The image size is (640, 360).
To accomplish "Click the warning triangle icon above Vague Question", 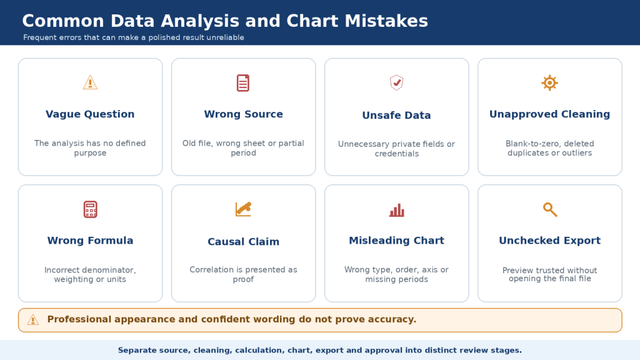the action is pyautogui.click(x=90, y=82).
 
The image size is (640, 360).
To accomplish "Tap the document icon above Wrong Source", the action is pyautogui.click(x=243, y=83).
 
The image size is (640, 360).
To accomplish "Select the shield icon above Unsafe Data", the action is pyautogui.click(x=396, y=83).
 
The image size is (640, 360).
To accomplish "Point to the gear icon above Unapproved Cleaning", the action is pyautogui.click(x=550, y=83).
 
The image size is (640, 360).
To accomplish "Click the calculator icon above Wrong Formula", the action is pyautogui.click(x=90, y=209).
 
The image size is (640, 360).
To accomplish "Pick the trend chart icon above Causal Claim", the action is pyautogui.click(x=243, y=209).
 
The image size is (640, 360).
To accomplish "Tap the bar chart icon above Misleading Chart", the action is pyautogui.click(x=396, y=210).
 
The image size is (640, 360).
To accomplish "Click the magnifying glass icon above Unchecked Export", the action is pyautogui.click(x=550, y=209).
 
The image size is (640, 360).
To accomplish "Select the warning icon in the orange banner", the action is pyautogui.click(x=33, y=319).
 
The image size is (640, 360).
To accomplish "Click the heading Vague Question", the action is pyautogui.click(x=90, y=114).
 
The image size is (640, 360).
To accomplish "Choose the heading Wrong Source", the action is pyautogui.click(x=243, y=114).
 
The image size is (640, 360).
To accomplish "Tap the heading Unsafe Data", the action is pyautogui.click(x=396, y=115).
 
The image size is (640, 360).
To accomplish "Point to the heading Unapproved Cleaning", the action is pyautogui.click(x=550, y=114).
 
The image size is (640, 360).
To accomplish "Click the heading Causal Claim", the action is pyautogui.click(x=243, y=242).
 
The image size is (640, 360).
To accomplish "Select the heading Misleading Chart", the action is pyautogui.click(x=396, y=241).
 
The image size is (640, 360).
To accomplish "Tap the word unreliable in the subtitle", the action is pyautogui.click(x=225, y=37).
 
